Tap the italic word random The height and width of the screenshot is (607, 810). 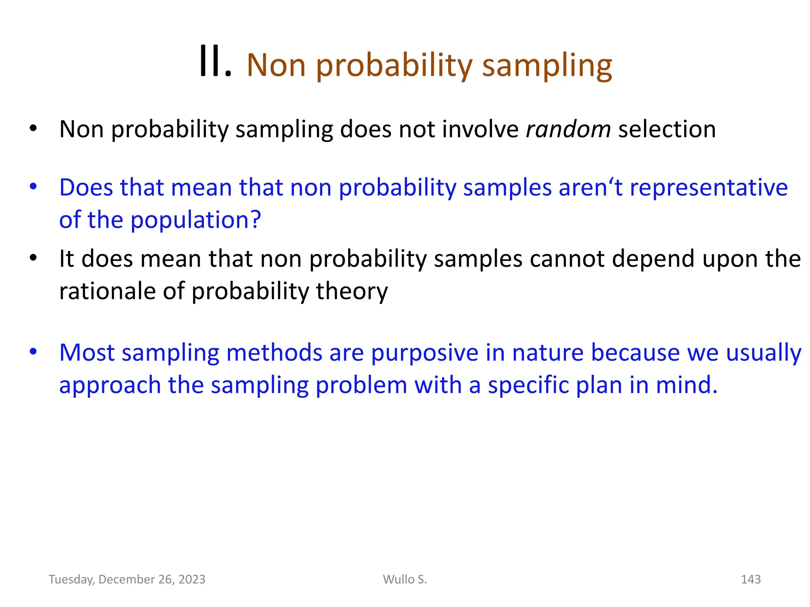pos(568,129)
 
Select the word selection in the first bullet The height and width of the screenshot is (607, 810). pos(667,129)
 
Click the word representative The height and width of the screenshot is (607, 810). pos(708,187)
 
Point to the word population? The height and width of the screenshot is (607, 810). pos(196,220)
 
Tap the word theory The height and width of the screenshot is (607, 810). pos(352,292)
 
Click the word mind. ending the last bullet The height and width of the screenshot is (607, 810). pos(686,385)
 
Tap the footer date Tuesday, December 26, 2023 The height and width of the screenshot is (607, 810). pos(127,579)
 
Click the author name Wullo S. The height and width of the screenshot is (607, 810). pos(405,579)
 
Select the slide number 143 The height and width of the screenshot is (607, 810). pos(750,579)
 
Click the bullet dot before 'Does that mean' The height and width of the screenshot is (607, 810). pos(33,186)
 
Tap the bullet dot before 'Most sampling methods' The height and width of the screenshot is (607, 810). pos(33,351)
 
